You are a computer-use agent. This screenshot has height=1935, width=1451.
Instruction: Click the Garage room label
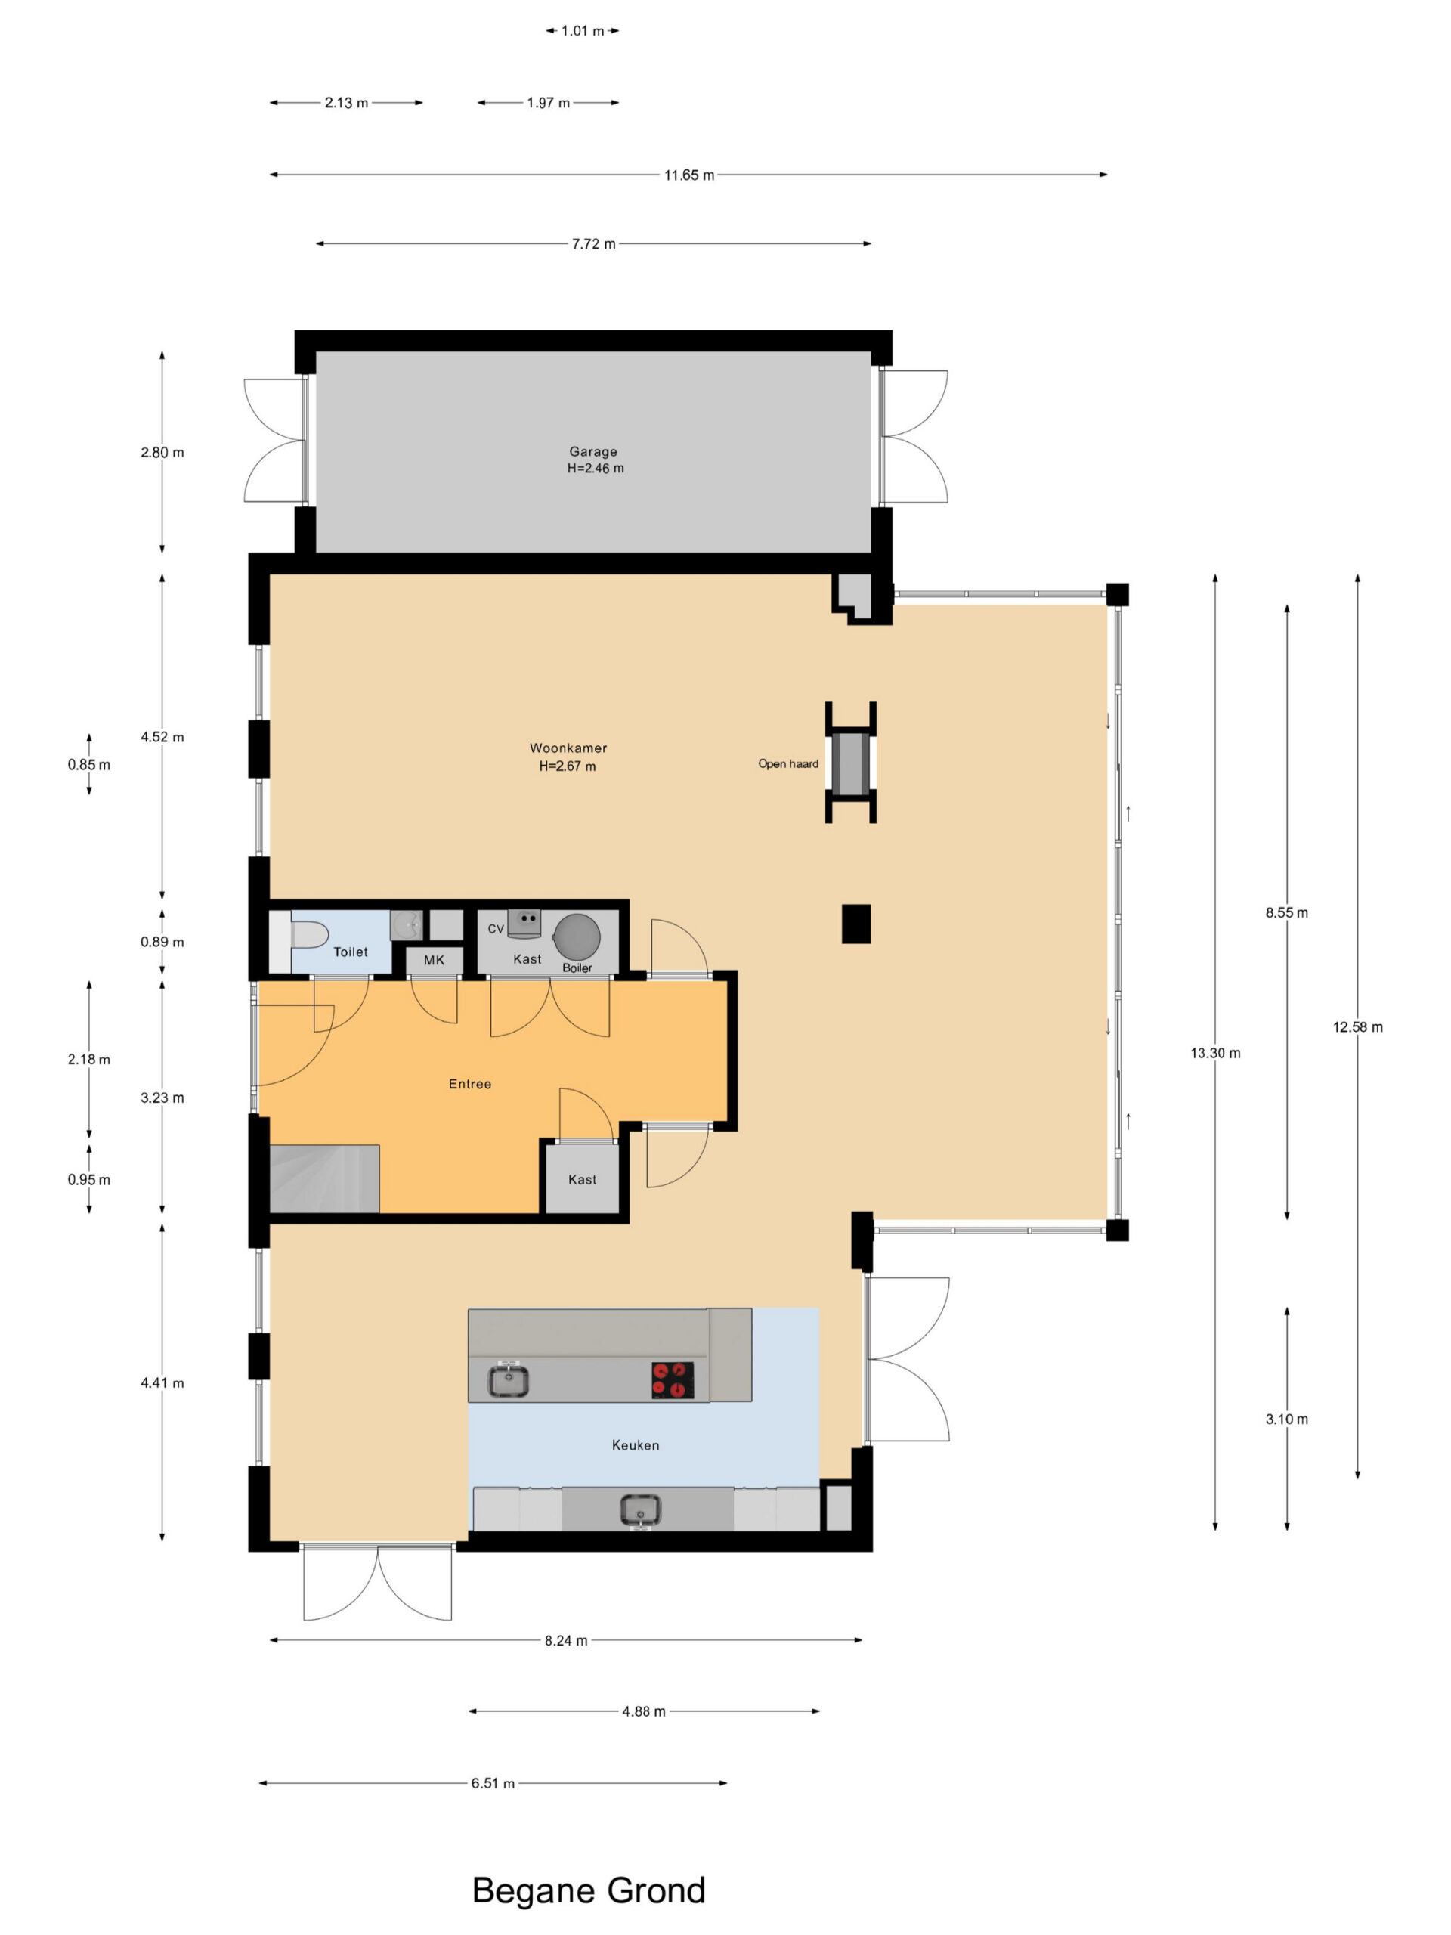pyautogui.click(x=593, y=451)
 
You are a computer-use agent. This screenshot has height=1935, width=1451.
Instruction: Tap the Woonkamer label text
pyautogui.click(x=568, y=748)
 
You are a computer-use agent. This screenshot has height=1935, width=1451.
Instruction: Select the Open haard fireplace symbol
pyautogui.click(x=850, y=762)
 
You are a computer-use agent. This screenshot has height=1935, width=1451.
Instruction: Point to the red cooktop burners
pyautogui.click(x=673, y=1380)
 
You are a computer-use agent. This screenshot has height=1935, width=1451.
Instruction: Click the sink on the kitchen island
pyautogui.click(x=508, y=1380)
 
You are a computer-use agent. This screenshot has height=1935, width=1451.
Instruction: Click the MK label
pyautogui.click(x=434, y=960)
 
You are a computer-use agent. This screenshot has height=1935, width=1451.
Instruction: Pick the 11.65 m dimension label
pyautogui.click(x=689, y=175)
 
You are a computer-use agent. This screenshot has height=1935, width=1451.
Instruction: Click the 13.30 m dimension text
pyautogui.click(x=1215, y=1053)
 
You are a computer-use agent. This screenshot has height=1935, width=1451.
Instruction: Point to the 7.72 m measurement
pyautogui.click(x=594, y=244)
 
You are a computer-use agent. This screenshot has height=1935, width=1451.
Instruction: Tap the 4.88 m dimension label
pyautogui.click(x=644, y=1711)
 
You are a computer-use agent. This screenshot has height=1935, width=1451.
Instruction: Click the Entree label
pyautogui.click(x=469, y=1084)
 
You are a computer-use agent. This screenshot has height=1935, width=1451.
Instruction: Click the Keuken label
pyautogui.click(x=635, y=1445)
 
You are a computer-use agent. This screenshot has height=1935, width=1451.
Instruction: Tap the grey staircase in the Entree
pyautogui.click(x=324, y=1178)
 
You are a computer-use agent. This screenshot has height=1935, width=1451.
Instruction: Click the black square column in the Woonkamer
pyautogui.click(x=855, y=924)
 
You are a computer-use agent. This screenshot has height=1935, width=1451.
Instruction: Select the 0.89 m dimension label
pyautogui.click(x=162, y=942)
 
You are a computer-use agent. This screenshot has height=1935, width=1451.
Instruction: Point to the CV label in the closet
pyautogui.click(x=496, y=929)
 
